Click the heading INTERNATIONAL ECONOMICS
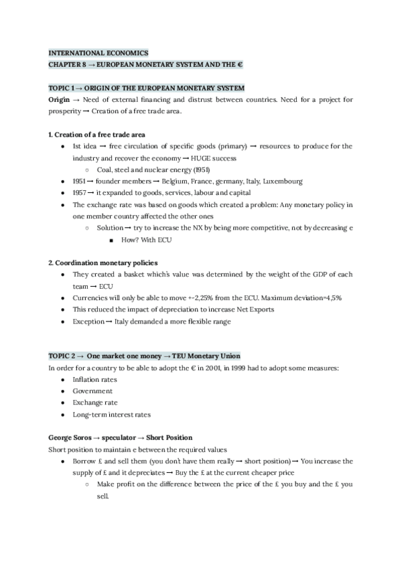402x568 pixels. (x=98, y=52)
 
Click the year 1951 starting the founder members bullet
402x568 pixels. (x=81, y=181)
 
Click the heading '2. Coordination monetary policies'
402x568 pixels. (x=103, y=263)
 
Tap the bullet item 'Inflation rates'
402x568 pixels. (x=94, y=379)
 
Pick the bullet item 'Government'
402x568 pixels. (x=92, y=390)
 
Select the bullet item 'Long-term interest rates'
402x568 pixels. (x=111, y=414)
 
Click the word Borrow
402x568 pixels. (x=85, y=461)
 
